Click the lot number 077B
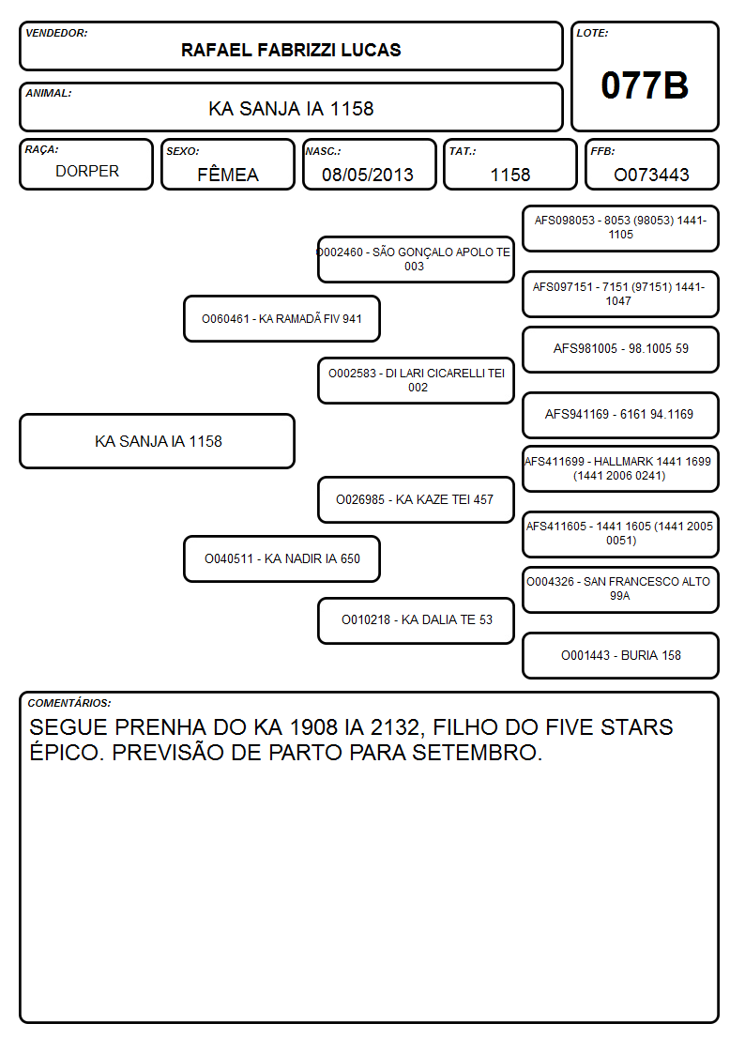click(645, 85)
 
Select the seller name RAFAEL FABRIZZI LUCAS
click(291, 50)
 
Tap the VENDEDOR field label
click(56, 33)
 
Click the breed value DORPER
click(87, 172)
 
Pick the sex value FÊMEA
click(228, 175)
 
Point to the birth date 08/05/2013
click(368, 175)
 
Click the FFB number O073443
click(651, 175)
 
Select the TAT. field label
click(463, 151)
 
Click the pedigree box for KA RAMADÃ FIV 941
click(282, 318)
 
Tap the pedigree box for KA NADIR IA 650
click(282, 558)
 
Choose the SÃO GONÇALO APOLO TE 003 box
click(416, 259)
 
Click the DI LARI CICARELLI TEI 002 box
click(416, 380)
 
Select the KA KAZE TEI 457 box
click(416, 499)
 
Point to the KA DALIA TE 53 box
click(416, 620)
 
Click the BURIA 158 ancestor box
click(621, 655)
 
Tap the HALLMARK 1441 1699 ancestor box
click(621, 468)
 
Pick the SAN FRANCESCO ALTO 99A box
click(621, 588)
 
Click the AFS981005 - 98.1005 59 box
click(621, 349)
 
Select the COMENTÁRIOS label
click(69, 703)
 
